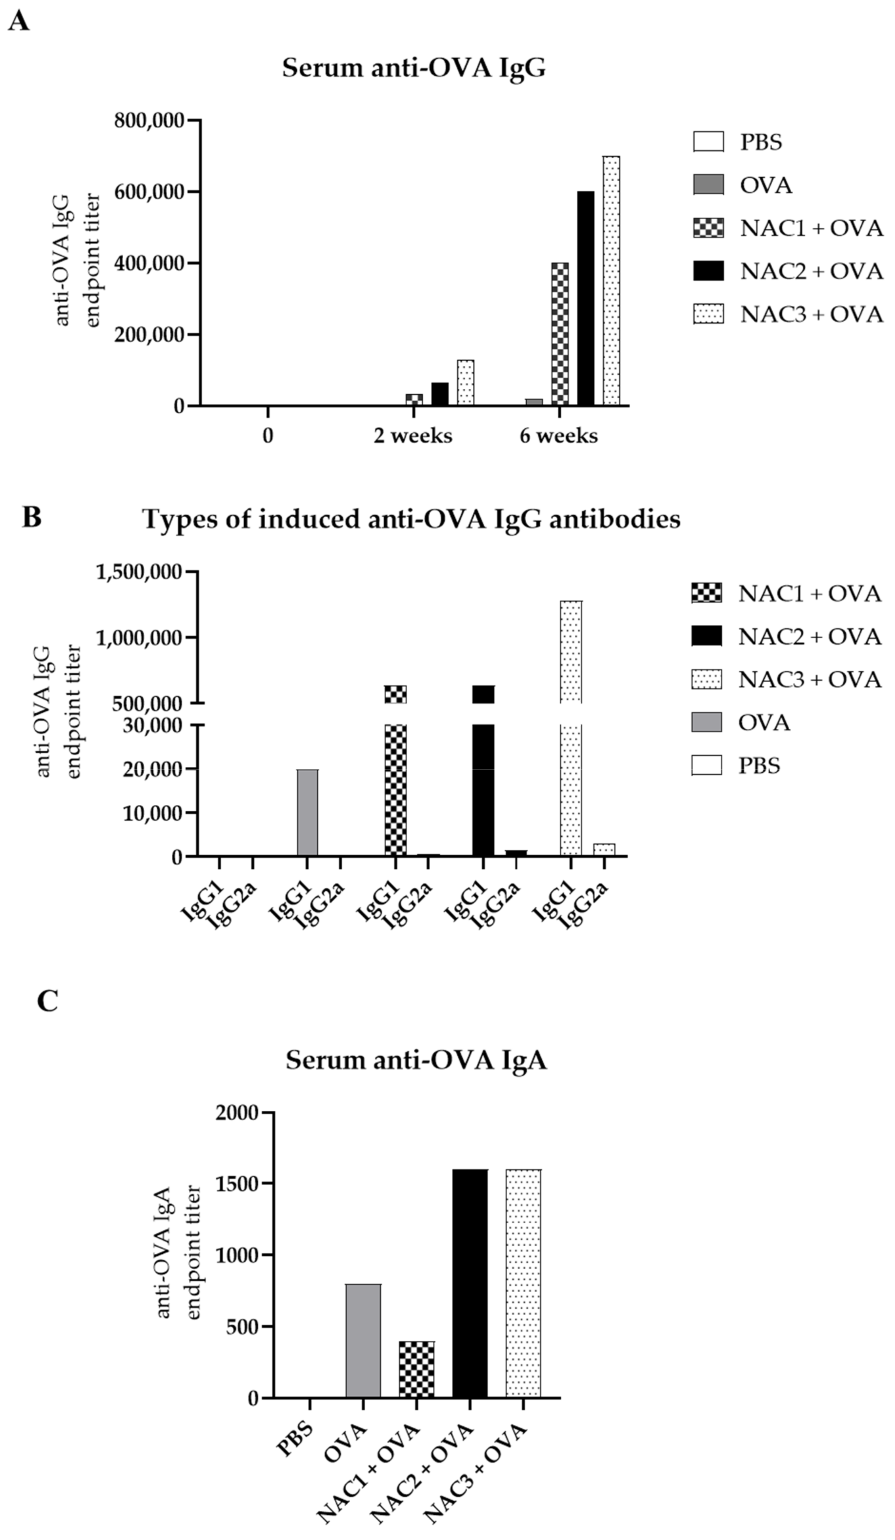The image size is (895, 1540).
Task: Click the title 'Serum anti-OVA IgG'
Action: coord(413,68)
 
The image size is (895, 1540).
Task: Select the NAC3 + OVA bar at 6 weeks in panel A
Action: coord(611,281)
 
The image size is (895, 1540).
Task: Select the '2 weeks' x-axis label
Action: coord(413,436)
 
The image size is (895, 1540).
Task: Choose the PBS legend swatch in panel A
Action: coord(708,142)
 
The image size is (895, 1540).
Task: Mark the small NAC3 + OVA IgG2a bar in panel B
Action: coord(604,850)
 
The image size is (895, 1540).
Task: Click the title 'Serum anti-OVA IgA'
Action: coord(416,1060)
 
